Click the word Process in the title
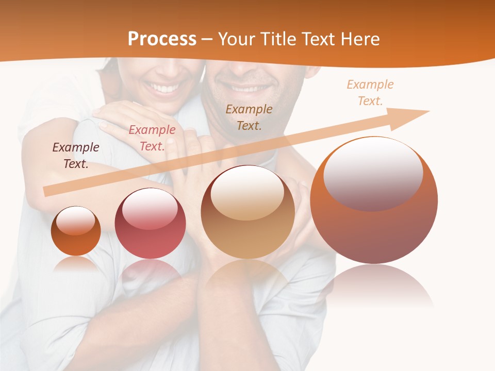(x=162, y=39)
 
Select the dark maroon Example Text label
(x=76, y=156)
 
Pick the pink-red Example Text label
(x=152, y=138)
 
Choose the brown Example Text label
(x=249, y=117)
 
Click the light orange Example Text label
(x=370, y=93)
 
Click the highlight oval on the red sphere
(x=150, y=207)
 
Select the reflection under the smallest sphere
(x=76, y=264)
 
